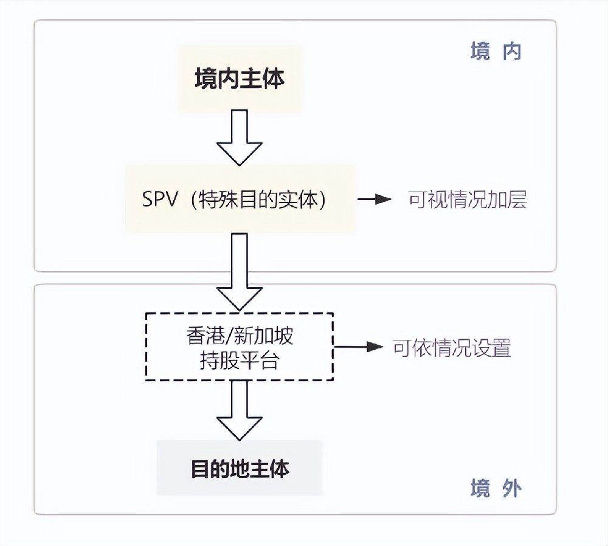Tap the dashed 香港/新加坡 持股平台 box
240,347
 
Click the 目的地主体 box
240,468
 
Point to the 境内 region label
496,52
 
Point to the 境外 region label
496,488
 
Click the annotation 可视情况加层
467,200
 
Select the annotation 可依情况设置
451,348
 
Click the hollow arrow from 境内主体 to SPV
240,139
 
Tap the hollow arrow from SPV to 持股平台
240,271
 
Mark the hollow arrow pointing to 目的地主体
240,411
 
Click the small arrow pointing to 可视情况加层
375,199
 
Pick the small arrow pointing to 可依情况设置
359,347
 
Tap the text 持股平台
240,361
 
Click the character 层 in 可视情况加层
517,200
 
